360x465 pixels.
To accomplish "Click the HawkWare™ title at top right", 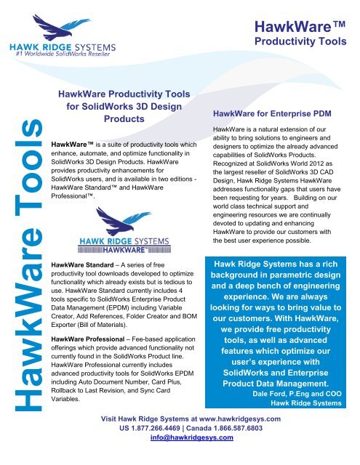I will (305, 27).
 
